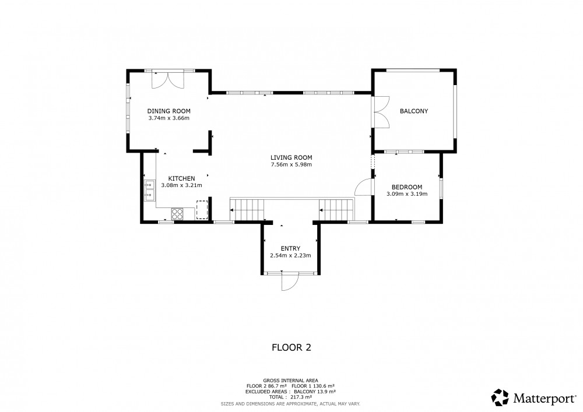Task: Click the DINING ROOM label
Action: tap(169, 111)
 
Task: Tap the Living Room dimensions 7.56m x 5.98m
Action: tap(291, 164)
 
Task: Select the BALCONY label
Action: tap(414, 111)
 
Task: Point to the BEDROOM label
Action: tap(407, 187)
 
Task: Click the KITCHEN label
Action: tap(181, 178)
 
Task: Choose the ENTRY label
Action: tap(290, 248)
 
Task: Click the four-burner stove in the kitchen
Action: tap(177, 214)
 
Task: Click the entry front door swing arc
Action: tap(294, 286)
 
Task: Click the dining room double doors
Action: tap(168, 79)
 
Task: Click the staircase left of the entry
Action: tap(247, 210)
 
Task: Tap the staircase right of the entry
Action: tap(336, 210)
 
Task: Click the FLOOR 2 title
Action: tap(291, 347)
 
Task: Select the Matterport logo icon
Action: tap(500, 397)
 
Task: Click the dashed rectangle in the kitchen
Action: tap(202, 210)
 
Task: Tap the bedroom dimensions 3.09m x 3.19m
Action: tap(407, 194)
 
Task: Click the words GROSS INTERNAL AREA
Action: tap(290, 381)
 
